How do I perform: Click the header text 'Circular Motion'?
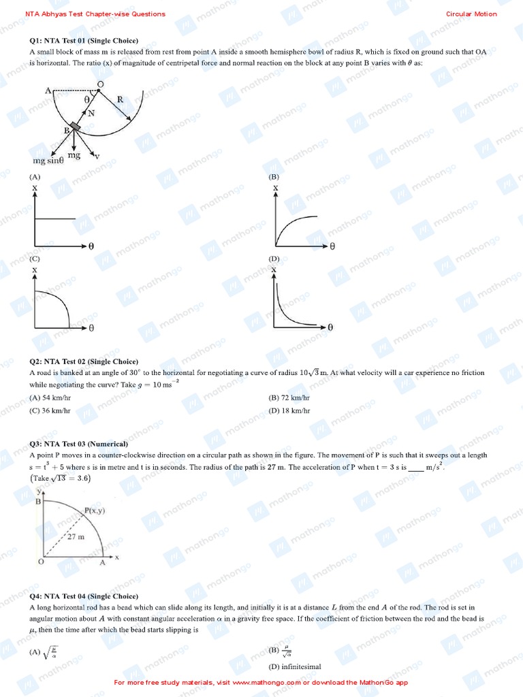pos(471,14)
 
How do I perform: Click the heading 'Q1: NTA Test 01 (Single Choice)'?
pos(84,41)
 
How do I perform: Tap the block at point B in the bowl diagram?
pos(74,128)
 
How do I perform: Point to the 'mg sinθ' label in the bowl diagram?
pos(48,161)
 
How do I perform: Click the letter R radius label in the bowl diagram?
pos(120,99)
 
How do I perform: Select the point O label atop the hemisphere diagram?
pos(100,84)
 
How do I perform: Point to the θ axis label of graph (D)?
pos(330,327)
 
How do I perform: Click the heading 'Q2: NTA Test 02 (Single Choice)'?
pos(84,361)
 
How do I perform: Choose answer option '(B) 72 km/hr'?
pos(289,398)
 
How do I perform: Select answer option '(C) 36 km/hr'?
pos(50,410)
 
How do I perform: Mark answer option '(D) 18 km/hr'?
pos(289,410)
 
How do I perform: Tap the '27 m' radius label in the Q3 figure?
pos(76,536)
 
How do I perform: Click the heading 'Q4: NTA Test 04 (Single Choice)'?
pos(84,596)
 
